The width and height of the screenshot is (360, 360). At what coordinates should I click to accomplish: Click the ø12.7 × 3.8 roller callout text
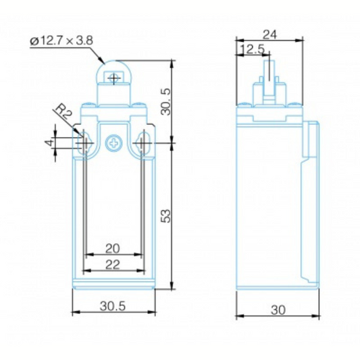(61, 41)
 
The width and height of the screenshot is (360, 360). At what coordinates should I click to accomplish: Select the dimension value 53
(166, 216)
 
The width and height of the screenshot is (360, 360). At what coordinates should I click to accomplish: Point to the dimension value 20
(113, 249)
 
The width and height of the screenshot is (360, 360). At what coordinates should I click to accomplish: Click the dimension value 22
(113, 265)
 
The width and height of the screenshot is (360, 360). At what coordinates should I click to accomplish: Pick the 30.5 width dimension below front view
(113, 306)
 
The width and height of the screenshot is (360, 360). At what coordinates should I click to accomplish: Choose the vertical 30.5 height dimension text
(166, 102)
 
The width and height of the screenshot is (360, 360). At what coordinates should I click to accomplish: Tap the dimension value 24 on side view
(269, 35)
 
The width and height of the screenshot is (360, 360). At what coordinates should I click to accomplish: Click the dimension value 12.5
(253, 49)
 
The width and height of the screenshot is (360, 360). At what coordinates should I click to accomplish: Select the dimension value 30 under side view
(278, 310)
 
